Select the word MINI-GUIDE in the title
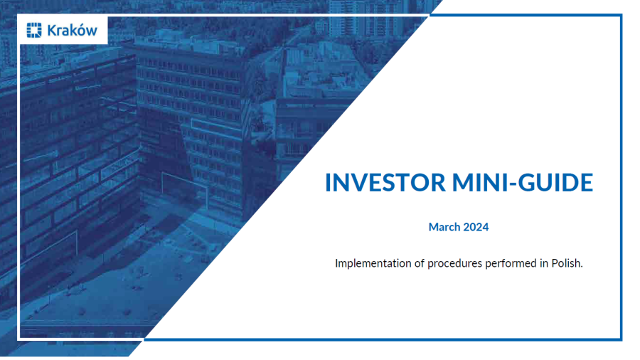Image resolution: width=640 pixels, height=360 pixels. point(523,183)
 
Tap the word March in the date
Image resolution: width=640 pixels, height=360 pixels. point(444,228)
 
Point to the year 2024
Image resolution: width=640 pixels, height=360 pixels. point(476,228)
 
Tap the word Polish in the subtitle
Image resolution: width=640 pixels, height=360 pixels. point(566,263)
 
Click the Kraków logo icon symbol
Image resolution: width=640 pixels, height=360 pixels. point(34,31)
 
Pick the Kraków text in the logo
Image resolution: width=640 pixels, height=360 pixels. point(72,31)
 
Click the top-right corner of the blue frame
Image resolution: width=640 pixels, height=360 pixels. point(621,15)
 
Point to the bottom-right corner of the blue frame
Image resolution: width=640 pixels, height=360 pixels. point(621,339)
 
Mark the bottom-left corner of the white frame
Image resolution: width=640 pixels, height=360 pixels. point(19,339)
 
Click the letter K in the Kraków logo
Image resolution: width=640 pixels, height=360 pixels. point(51,31)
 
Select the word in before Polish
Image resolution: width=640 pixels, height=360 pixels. point(543,263)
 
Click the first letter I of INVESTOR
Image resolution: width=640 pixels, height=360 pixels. point(328,183)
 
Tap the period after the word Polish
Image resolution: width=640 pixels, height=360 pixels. point(582,267)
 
